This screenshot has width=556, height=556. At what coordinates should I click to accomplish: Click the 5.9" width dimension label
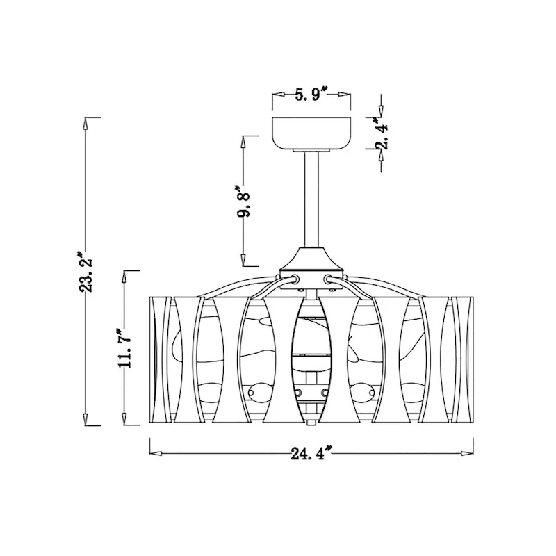[311, 95]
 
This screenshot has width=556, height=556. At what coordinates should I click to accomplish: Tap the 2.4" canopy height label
[382, 132]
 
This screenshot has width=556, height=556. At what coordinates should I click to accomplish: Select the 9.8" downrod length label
[244, 200]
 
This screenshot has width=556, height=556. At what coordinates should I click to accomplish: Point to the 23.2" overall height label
[85, 272]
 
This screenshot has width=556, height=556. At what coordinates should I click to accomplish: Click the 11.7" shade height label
[126, 348]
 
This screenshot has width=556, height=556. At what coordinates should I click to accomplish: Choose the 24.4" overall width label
[311, 454]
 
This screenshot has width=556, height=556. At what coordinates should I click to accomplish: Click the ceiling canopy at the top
[311, 133]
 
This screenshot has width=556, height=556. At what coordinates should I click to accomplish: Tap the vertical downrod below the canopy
[311, 199]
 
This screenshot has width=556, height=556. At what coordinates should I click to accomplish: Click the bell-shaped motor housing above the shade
[311, 258]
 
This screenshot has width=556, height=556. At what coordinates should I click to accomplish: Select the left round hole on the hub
[295, 279]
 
